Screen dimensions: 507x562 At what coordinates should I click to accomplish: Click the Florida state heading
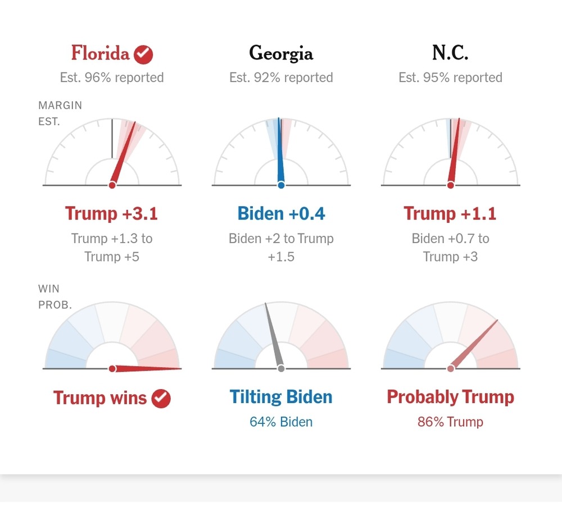pos(100,54)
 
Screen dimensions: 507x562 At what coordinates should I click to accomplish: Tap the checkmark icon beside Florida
pos(144,54)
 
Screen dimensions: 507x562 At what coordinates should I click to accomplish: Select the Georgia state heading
pos(281,54)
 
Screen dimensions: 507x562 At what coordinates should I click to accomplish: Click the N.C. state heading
pos(450,54)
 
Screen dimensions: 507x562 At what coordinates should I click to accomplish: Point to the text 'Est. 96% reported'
pos(112,77)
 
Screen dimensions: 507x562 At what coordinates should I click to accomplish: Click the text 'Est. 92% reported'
pos(281,77)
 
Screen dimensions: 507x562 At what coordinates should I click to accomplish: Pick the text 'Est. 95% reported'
pos(450,77)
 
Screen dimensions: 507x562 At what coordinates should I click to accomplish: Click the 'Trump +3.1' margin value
pos(111,213)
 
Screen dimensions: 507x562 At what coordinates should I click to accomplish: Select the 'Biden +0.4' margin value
pos(281,213)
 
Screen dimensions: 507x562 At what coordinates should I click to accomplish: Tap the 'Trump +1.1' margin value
pos(450,213)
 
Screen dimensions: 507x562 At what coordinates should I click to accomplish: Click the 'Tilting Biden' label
pos(281,397)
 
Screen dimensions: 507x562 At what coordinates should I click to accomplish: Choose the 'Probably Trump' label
pos(450,397)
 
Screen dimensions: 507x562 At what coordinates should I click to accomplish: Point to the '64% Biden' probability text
pos(281,422)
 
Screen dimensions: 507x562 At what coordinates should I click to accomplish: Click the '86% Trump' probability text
pos(450,422)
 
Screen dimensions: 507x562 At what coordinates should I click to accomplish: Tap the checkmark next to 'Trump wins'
pos(161,399)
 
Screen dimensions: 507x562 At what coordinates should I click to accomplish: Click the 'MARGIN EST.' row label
pos(60,113)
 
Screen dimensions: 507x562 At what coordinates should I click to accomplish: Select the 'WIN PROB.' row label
pos(55,298)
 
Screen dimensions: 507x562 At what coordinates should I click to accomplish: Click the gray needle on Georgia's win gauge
pos(274,337)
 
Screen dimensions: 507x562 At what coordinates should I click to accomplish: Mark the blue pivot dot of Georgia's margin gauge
pos(281,185)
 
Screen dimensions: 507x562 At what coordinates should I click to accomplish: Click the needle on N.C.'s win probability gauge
pos(475,344)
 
